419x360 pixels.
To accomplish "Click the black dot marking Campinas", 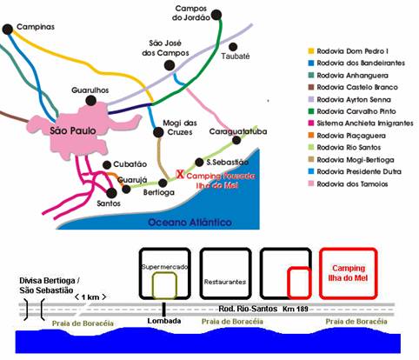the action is pos(8,29).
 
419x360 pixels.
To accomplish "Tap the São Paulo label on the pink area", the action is pos(73,130).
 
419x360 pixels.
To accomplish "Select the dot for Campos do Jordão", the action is pos(216,15).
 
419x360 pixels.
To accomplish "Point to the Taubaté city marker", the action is pos(233,46).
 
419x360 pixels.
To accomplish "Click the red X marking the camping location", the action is pos(180,174).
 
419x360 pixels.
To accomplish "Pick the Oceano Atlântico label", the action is pos(190,223).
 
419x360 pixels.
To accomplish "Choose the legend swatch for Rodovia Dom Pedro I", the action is pos(311,51).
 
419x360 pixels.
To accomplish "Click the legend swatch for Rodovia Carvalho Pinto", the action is pos(311,111).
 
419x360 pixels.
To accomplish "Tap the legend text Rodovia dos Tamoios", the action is pos(352,183).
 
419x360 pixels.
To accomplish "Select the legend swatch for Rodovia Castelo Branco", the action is pos(311,87).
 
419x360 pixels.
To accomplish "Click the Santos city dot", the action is pos(111,193).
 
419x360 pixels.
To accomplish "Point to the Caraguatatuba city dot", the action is pos(236,140).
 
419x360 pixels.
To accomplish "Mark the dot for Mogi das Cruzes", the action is pos(158,132).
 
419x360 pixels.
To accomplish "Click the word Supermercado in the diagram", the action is pos(164,267).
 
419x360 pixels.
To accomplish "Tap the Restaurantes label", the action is pos(225,282).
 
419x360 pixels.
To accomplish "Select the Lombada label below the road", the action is pos(164,321).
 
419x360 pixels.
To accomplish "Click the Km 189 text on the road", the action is pos(296,309).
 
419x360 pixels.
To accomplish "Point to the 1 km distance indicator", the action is pos(90,297).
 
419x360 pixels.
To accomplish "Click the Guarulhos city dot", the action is pos(91,101).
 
